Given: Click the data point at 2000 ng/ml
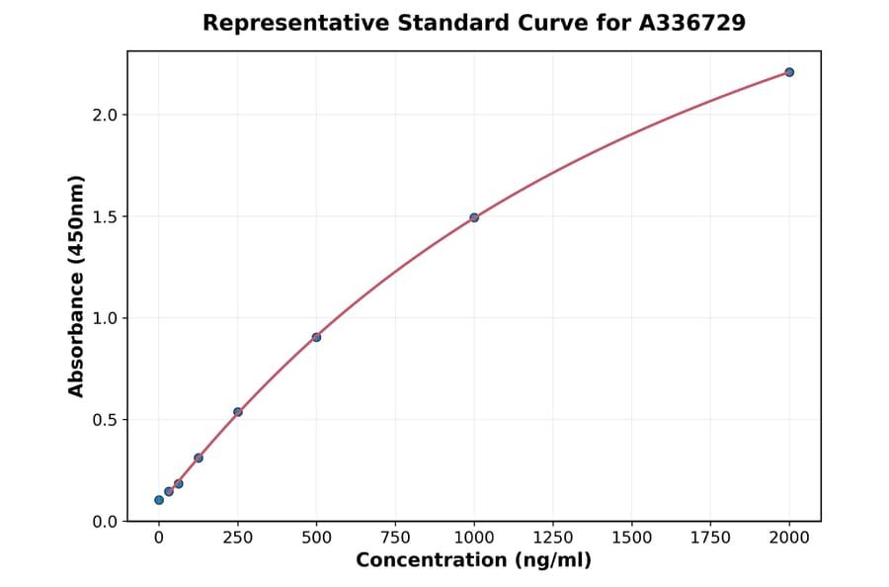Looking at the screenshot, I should pyautogui.click(x=789, y=72).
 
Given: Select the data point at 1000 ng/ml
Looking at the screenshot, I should pyautogui.click(x=474, y=217).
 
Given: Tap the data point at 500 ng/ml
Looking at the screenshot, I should pyautogui.click(x=316, y=337).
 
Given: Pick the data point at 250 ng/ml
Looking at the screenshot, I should pyautogui.click(x=238, y=412).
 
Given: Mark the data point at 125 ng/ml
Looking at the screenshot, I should pyautogui.click(x=199, y=458).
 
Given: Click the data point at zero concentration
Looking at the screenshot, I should pyautogui.click(x=159, y=500).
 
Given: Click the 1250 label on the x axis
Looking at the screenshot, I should pyautogui.click(x=553, y=538).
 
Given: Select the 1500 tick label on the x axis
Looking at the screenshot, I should pyautogui.click(x=631, y=538).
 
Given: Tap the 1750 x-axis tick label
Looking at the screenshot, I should pyautogui.click(x=710, y=538).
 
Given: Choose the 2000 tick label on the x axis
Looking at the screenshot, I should pyautogui.click(x=789, y=538).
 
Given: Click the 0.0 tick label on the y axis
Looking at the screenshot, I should pyautogui.click(x=105, y=522).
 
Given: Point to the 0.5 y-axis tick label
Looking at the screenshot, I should pyautogui.click(x=105, y=420).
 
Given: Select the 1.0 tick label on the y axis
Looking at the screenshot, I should pyautogui.click(x=105, y=318).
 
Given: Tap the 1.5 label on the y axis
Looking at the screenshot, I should pyautogui.click(x=105, y=216).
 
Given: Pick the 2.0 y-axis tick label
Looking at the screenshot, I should pyautogui.click(x=105, y=115).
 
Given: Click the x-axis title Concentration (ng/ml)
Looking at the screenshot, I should pyautogui.click(x=474, y=561).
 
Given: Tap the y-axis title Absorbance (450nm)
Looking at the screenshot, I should pyautogui.click(x=77, y=286).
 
